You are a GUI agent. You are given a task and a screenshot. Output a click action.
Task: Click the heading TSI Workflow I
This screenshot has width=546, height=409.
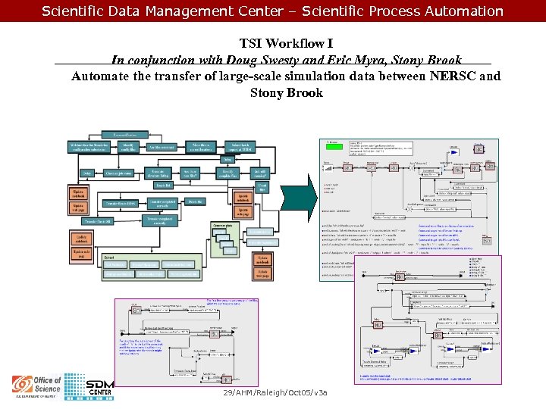[286, 44]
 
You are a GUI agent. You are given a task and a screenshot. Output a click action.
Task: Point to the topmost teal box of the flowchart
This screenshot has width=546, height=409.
[125, 134]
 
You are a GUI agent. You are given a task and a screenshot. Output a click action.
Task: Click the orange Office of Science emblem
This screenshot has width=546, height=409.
[23, 385]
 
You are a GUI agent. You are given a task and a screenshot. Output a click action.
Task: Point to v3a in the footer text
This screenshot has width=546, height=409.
[320, 395]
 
